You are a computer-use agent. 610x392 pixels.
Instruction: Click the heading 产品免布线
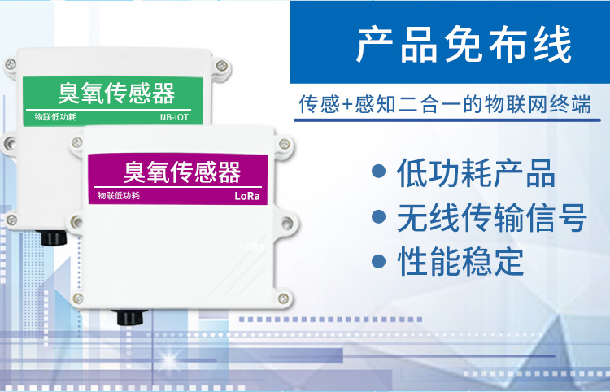click(464, 46)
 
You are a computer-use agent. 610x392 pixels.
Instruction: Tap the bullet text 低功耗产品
click(476, 174)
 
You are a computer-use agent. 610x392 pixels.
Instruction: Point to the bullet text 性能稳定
click(460, 262)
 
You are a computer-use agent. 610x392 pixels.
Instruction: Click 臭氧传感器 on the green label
click(116, 93)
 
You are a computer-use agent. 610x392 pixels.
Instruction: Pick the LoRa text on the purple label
click(246, 197)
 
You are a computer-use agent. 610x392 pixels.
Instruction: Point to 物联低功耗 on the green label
click(55, 117)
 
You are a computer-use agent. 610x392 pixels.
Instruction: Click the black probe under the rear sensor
click(54, 238)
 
